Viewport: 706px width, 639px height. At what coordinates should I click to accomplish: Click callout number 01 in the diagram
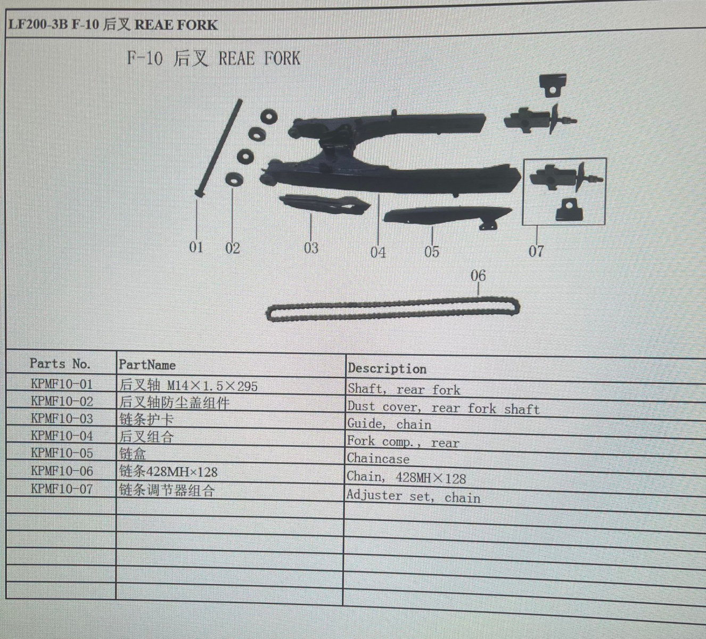click(x=196, y=247)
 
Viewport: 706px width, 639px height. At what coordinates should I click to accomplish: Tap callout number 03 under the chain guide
click(x=311, y=248)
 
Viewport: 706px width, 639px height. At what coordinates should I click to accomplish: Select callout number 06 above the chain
click(x=478, y=275)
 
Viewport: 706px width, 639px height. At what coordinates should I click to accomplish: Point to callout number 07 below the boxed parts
click(x=536, y=251)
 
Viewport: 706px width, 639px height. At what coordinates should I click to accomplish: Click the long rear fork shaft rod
click(x=219, y=147)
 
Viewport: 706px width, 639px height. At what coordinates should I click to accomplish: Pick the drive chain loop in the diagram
click(x=393, y=309)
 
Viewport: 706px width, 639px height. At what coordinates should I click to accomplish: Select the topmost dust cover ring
click(x=269, y=117)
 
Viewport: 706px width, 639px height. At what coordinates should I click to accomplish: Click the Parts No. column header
click(x=60, y=363)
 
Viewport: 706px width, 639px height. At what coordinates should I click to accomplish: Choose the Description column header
click(x=387, y=368)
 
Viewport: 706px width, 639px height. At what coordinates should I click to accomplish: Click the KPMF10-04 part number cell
click(x=62, y=436)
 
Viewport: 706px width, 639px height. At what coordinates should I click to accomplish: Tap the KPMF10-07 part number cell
click(x=62, y=489)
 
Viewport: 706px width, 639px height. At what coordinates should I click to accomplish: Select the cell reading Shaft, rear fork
click(x=404, y=389)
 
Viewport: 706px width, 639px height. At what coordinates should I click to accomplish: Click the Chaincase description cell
click(x=378, y=458)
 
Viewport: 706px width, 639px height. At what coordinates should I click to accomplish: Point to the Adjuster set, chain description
click(x=414, y=496)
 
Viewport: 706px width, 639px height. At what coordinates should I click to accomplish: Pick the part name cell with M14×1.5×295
click(x=188, y=386)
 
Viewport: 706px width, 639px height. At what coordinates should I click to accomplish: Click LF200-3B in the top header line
click(x=38, y=24)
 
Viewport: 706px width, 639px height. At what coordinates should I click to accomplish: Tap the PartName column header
click(x=147, y=365)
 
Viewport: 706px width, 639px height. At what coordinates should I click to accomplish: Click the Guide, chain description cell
click(x=389, y=424)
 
